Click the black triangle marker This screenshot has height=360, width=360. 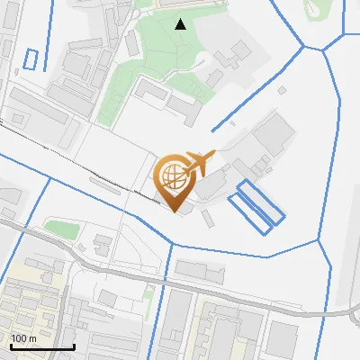click(x=181, y=23)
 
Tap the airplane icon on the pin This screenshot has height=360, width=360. click(x=201, y=162)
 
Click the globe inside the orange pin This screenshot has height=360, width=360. click(x=175, y=176)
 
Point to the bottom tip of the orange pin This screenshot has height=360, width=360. click(x=175, y=211)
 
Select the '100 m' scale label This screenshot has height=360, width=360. click(x=23, y=338)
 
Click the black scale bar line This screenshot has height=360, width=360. click(x=42, y=346)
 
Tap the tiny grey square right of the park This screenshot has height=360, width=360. click(x=282, y=90)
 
